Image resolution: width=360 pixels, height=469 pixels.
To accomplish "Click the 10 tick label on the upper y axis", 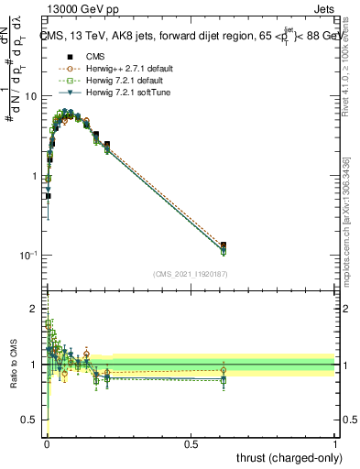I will click(30, 96).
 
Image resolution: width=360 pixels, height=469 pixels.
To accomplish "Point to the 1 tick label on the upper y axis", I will click(34, 176).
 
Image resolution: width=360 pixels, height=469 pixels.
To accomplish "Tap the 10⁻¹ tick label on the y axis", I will click(28, 256).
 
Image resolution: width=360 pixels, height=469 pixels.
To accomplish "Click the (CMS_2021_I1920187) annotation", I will click(191, 273).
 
